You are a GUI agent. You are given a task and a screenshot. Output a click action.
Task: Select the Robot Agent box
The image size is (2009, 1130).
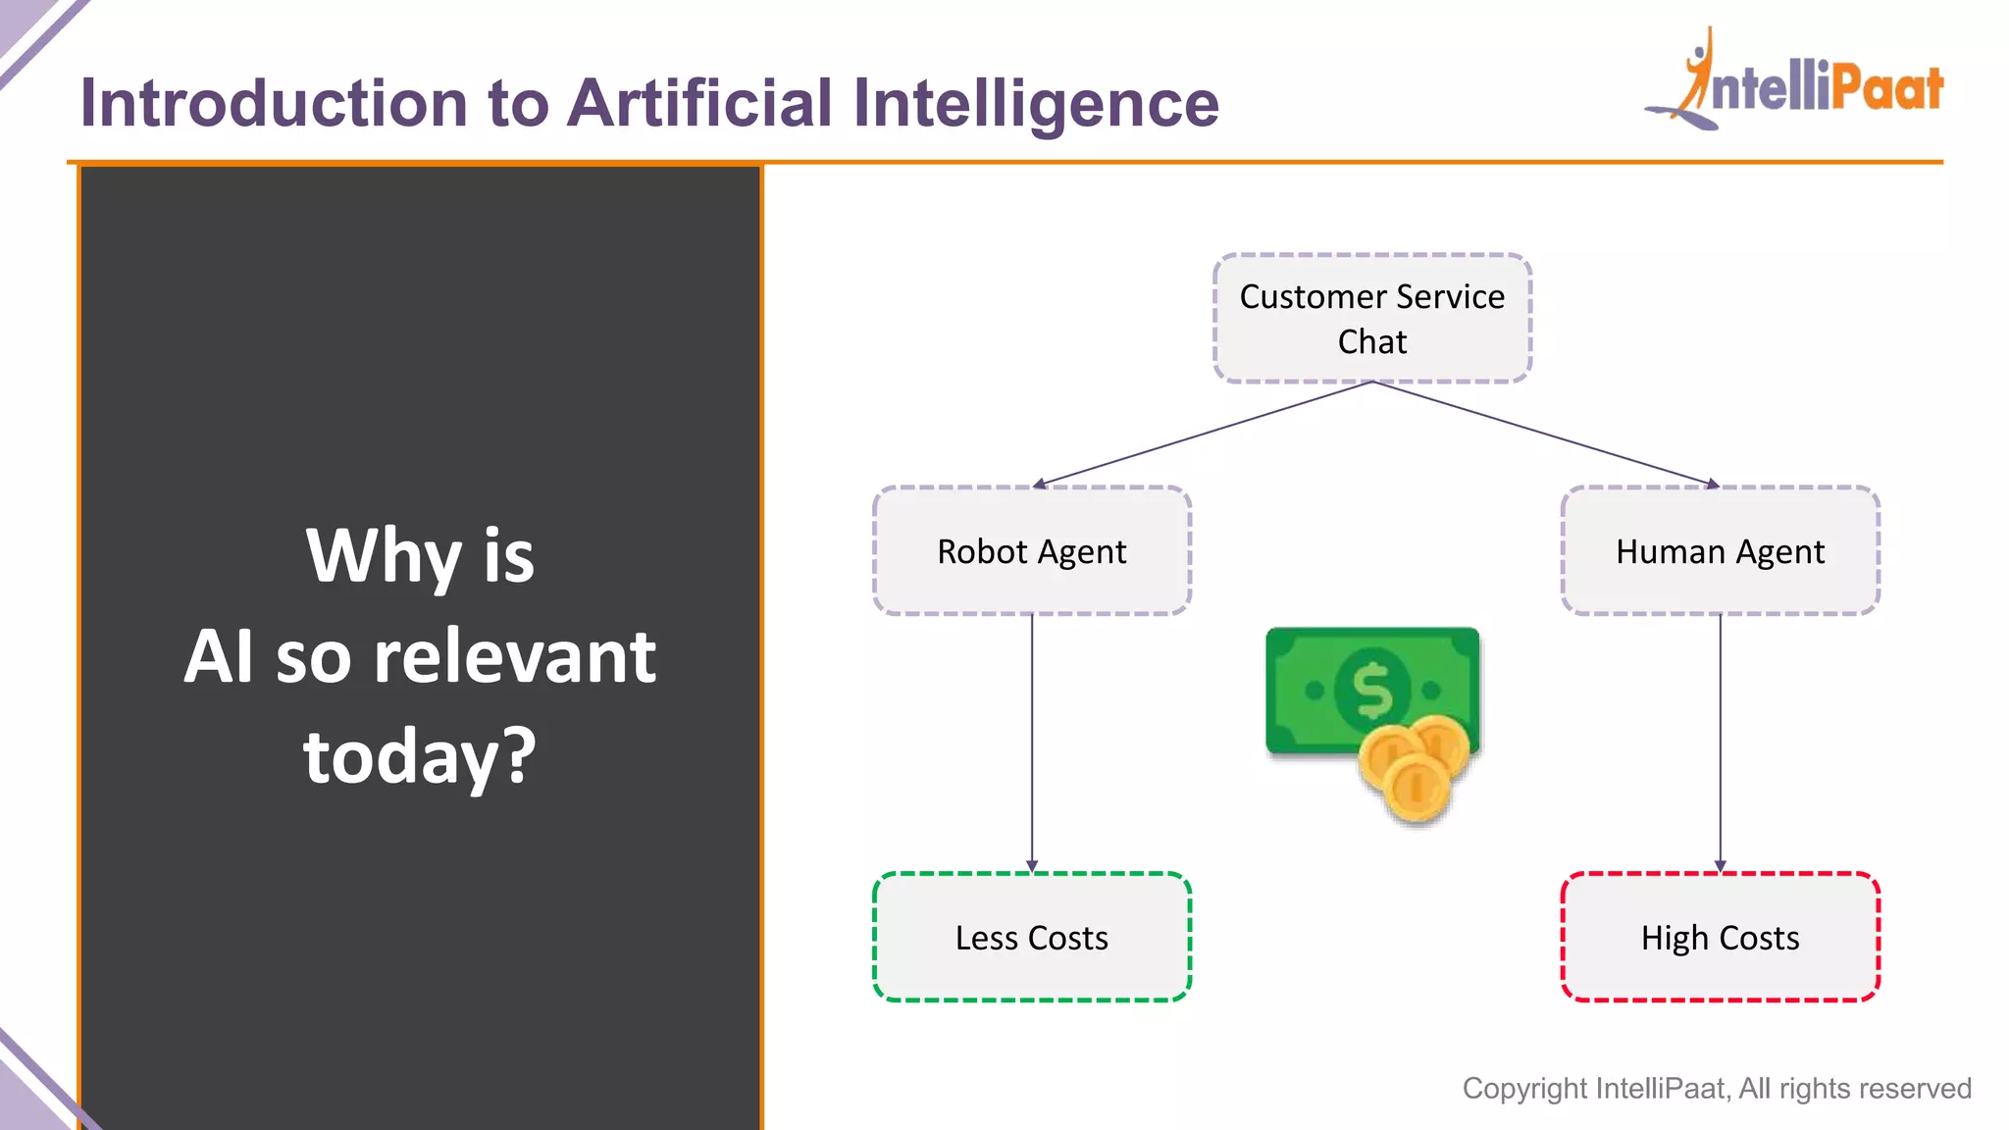tap(1032, 551)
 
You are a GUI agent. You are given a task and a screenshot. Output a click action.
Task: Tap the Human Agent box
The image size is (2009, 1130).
tap(1720, 551)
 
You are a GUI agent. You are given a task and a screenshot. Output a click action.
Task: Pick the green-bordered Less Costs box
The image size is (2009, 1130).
tap(1032, 938)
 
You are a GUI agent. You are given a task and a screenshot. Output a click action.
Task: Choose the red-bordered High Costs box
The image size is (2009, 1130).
tap(1720, 938)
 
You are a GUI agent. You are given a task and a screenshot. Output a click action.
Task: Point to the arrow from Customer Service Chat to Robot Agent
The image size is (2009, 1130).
tap(1203, 434)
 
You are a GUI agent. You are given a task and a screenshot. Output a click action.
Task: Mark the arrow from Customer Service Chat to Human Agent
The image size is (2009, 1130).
tap(1546, 434)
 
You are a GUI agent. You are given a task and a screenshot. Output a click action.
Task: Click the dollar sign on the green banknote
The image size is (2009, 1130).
tap(1372, 691)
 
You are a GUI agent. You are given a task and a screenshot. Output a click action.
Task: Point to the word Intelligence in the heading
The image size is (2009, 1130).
tap(1036, 103)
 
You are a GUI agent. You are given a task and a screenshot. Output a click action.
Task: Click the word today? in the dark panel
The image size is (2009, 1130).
tap(420, 756)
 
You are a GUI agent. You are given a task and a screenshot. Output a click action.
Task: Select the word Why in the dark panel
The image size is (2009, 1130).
tap(384, 556)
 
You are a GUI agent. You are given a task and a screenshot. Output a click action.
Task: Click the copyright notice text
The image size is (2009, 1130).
tap(1717, 1088)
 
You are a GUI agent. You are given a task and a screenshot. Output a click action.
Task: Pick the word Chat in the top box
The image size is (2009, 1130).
tap(1372, 341)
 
